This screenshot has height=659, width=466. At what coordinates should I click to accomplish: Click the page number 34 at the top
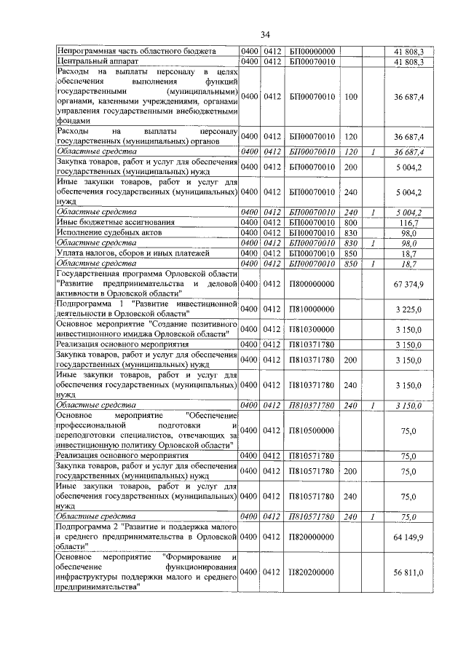tap(265, 34)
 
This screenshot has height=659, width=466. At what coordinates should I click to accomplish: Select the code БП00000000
tap(312, 52)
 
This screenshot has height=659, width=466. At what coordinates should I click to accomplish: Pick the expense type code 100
tap(351, 96)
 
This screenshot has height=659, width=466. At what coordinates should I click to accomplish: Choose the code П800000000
tap(312, 283)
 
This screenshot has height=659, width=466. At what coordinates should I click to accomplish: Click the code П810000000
tap(312, 309)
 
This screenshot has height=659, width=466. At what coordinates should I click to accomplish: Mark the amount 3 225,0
tap(408, 309)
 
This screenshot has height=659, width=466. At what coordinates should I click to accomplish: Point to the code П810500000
tap(312, 431)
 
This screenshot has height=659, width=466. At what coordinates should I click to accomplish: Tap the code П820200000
tap(312, 573)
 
